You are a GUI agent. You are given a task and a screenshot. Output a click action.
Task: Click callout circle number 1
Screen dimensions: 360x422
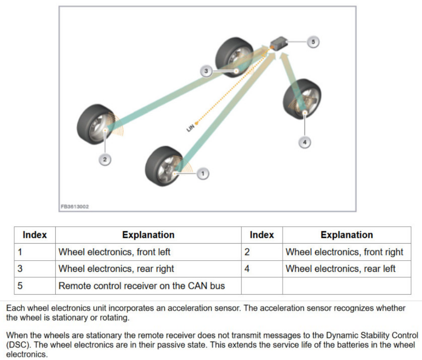click(203, 174)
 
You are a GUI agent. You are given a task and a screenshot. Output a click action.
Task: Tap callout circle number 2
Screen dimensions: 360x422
click(105, 160)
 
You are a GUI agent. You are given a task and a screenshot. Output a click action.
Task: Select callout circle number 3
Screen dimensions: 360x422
click(206, 71)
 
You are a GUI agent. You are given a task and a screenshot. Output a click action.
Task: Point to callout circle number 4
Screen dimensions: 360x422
click(305, 142)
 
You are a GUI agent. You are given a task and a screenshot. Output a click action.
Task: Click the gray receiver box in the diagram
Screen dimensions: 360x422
click(279, 42)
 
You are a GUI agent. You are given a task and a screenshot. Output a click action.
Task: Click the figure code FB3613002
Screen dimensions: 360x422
click(75, 206)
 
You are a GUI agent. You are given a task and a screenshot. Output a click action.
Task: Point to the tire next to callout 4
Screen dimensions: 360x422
click(302, 99)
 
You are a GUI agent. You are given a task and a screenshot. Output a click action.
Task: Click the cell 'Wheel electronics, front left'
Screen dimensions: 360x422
click(114, 252)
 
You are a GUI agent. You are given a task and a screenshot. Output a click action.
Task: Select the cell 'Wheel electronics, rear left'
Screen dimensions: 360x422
click(340, 269)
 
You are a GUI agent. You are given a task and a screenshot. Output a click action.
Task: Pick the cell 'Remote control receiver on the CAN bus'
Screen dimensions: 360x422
click(141, 286)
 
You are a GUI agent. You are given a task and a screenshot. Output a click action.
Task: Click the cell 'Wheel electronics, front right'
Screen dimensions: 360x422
click(344, 252)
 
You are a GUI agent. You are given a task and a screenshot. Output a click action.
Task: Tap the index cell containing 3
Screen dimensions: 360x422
click(20, 269)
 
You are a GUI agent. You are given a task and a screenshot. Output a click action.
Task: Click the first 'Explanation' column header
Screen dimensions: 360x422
click(148, 235)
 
